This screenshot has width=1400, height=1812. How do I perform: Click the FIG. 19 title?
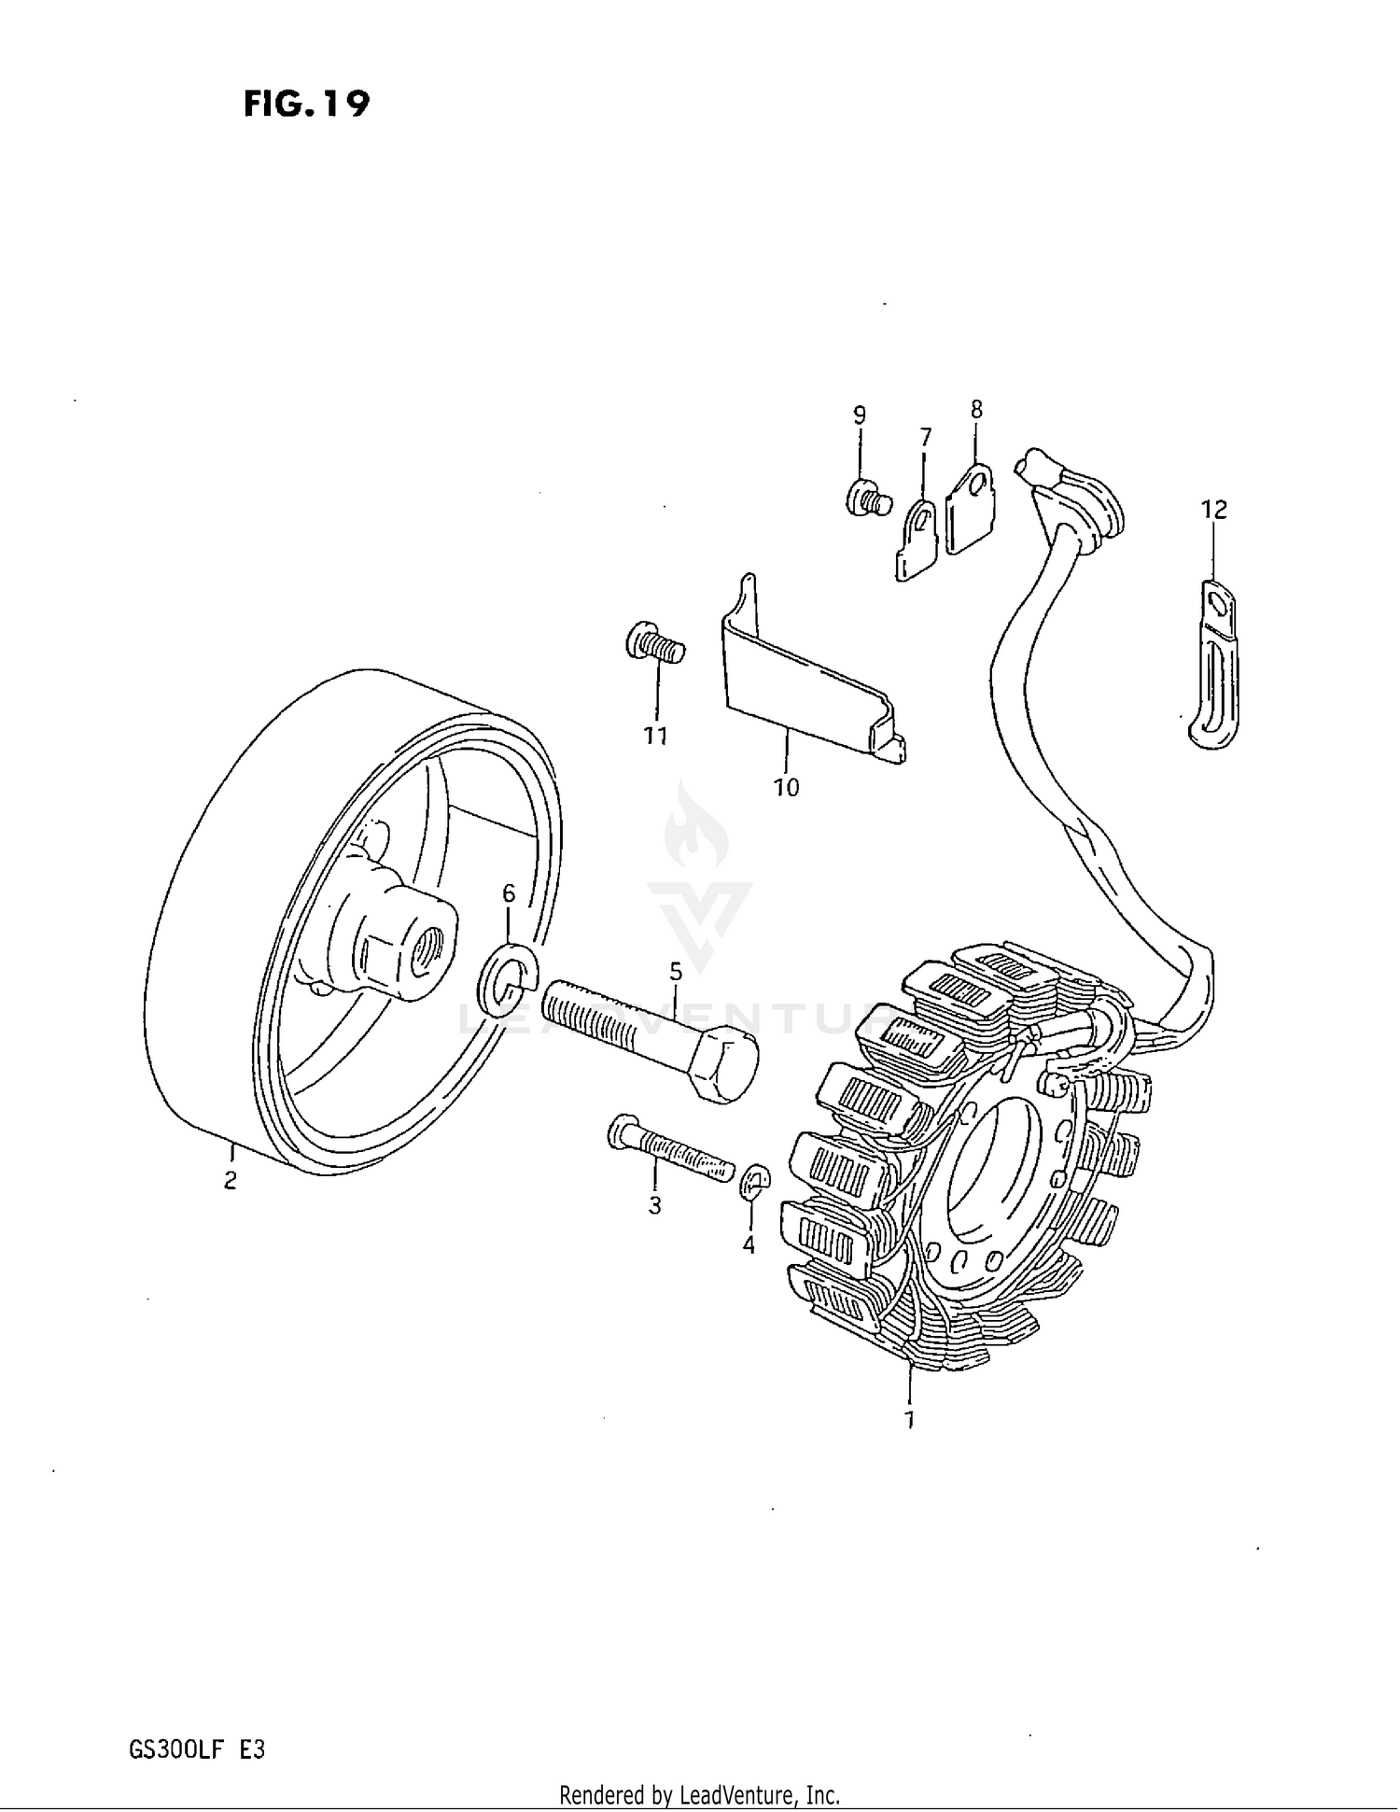(x=306, y=104)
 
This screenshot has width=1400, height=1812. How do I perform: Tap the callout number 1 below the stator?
(x=908, y=1420)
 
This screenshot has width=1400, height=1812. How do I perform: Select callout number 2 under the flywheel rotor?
(x=230, y=1180)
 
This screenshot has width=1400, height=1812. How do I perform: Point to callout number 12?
(x=1213, y=510)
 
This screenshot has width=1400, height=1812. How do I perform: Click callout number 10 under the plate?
(x=786, y=788)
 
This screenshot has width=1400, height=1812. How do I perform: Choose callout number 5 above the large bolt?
(x=676, y=972)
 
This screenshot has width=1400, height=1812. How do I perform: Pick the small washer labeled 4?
(x=754, y=1182)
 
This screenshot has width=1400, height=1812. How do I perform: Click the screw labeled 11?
(x=655, y=644)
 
